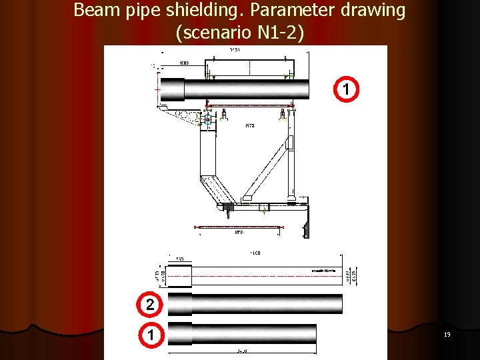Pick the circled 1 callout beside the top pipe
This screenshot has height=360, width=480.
tap(346, 89)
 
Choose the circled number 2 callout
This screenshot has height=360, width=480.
tap(150, 305)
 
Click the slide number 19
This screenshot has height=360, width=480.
tap(447, 335)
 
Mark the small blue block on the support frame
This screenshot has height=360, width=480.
tap(207, 121)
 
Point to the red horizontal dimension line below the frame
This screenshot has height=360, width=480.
tap(240, 227)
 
